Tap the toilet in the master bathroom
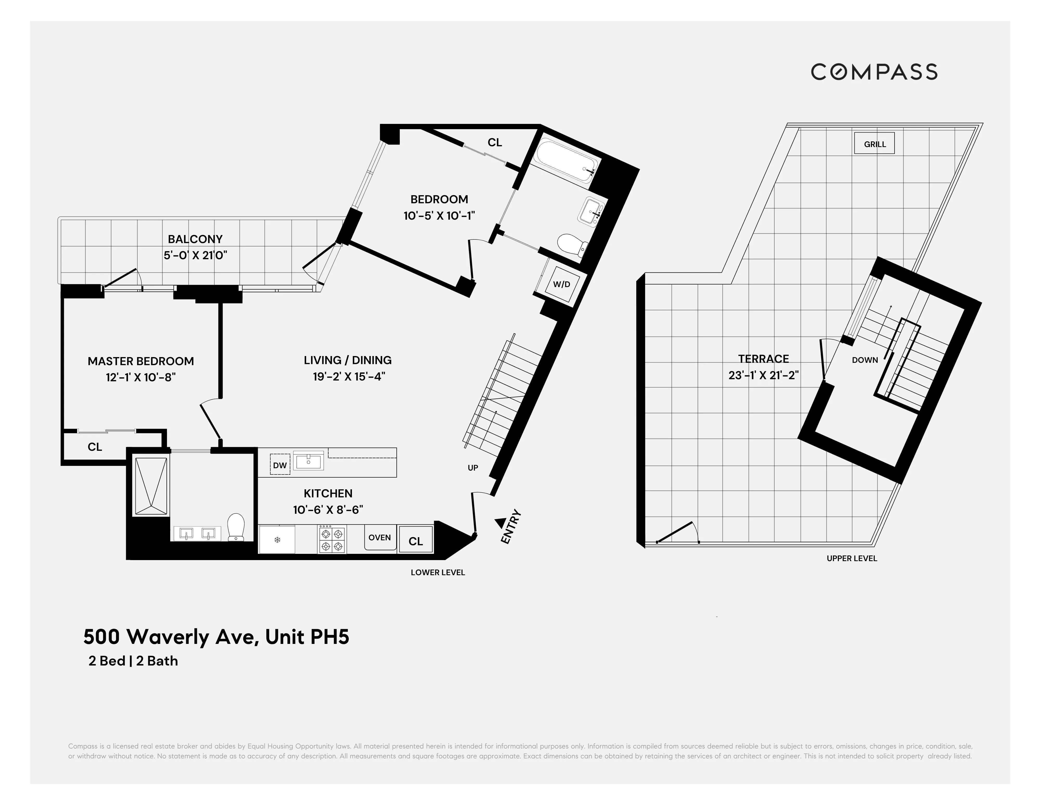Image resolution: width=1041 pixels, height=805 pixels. (x=236, y=527)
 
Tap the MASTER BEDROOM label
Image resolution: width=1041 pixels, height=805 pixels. (x=141, y=361)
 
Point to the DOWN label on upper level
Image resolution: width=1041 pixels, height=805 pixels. (x=865, y=360)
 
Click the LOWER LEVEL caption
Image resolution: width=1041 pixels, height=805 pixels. (x=438, y=572)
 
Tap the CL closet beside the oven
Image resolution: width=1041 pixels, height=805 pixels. (x=416, y=541)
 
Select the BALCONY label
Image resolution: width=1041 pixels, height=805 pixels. (x=195, y=239)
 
